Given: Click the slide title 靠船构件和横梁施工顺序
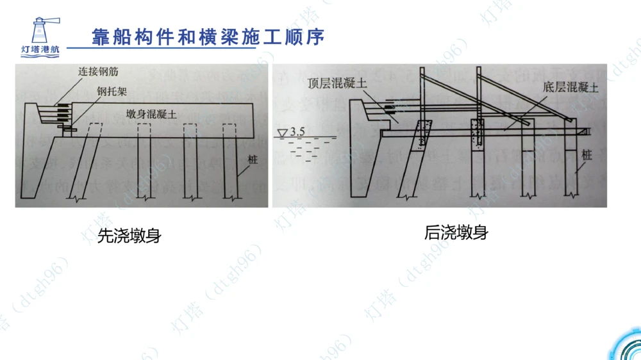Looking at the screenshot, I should [x=206, y=37].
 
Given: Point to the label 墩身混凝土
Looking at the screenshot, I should [x=152, y=115].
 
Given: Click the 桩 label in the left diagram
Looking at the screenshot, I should [x=253, y=160].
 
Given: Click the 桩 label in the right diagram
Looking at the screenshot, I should [x=587, y=154].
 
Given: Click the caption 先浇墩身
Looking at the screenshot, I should [x=129, y=236].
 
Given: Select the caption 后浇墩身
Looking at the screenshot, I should [x=456, y=233].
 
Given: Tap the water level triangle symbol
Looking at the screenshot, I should [x=281, y=133].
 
